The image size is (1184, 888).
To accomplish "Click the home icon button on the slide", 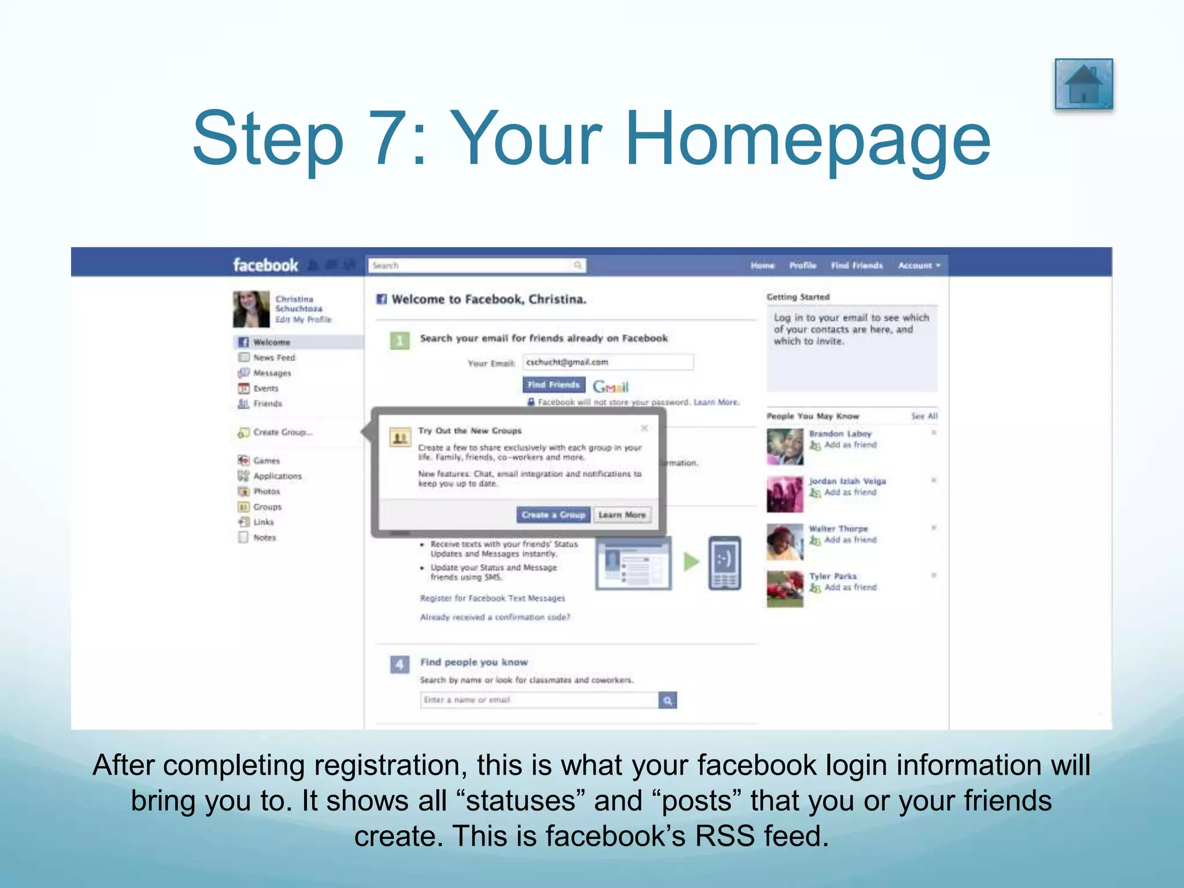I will tap(1083, 84).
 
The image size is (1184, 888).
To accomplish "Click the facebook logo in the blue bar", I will tap(265, 265).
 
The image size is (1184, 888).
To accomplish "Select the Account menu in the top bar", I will tap(919, 265).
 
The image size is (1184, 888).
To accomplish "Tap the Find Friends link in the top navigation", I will tap(857, 265).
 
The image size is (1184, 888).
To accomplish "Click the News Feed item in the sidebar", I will tap(274, 358).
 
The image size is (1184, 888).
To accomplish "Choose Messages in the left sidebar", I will tap(272, 373).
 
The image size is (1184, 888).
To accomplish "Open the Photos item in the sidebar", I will tap(267, 491).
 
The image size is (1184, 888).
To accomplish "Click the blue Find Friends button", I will tap(553, 385).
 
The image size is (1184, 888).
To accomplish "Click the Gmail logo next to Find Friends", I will tap(610, 387).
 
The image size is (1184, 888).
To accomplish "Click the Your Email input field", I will tap(608, 362).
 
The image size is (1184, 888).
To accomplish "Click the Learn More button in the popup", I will tap(622, 515).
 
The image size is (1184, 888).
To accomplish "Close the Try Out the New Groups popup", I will tap(645, 428).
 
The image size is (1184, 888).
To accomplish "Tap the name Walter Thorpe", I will tap(838, 528).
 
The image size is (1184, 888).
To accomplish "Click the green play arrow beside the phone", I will tap(691, 562).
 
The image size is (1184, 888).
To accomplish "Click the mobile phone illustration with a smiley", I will tap(724, 563).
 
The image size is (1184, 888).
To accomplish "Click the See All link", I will tap(924, 416).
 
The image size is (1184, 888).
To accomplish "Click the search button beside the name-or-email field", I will tap(668, 701).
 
